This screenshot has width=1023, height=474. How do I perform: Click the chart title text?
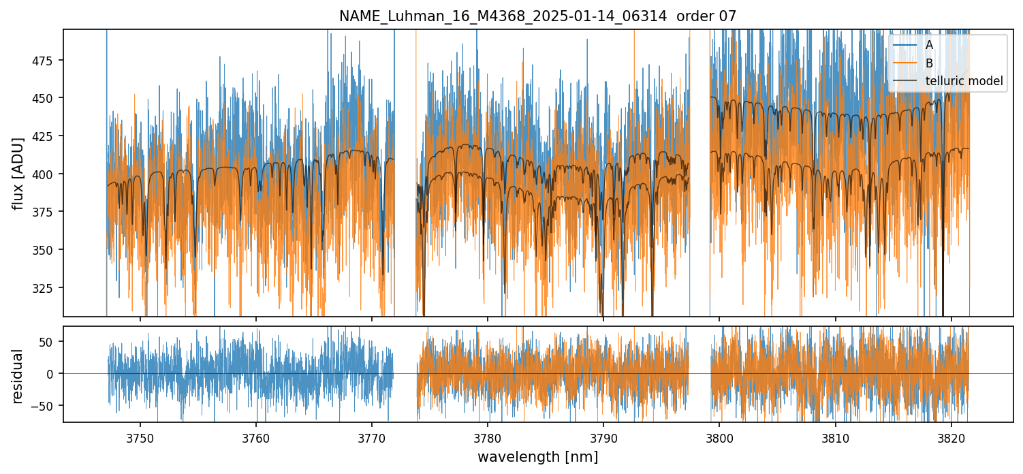coord(537,16)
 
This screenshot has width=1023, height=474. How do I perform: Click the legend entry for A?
coord(929,45)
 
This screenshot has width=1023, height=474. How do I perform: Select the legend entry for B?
coord(929,63)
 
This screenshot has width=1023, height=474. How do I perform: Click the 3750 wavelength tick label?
coord(140,437)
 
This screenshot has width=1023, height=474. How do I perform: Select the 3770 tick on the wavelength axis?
coord(372,437)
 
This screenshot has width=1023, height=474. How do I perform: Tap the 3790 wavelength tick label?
coord(603,437)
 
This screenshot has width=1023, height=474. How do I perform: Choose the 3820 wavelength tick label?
coord(951,437)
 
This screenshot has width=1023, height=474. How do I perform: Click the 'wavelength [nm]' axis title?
coord(537,456)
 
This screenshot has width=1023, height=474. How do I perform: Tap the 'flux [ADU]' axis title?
coord(18,173)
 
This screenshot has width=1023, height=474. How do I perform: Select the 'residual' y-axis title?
coord(18,376)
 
